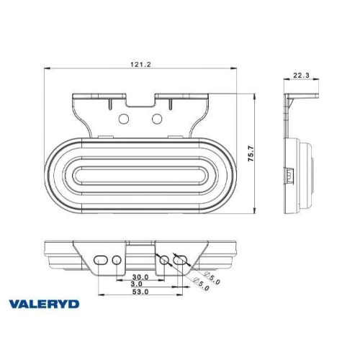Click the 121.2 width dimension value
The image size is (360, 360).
click(x=141, y=64)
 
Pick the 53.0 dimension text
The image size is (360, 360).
click(x=141, y=293)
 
